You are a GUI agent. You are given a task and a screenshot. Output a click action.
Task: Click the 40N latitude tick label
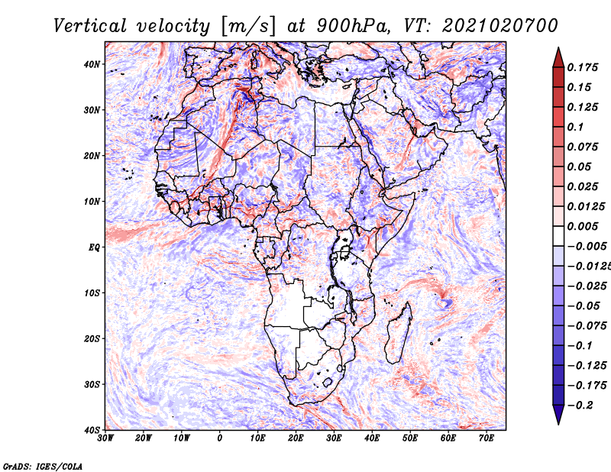pyautogui.click(x=92, y=64)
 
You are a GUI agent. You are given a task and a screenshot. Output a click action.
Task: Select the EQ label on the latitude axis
pyautogui.click(x=94, y=247)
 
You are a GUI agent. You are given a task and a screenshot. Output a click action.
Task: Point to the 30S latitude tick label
pyautogui.click(x=92, y=384)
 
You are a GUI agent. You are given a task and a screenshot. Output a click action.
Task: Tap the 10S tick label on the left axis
pyautogui.click(x=92, y=293)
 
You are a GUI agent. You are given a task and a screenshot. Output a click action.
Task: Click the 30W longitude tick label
pyautogui.click(x=105, y=438)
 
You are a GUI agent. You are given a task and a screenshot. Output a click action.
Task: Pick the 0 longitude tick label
pyautogui.click(x=220, y=438)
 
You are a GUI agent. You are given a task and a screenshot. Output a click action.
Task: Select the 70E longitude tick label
pyautogui.click(x=486, y=438)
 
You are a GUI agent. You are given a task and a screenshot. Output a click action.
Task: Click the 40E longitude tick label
pyautogui.click(x=372, y=438)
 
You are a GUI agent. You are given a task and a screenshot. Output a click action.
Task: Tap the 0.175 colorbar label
pyautogui.click(x=583, y=67)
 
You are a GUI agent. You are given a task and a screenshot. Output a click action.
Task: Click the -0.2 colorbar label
pyautogui.click(x=580, y=405)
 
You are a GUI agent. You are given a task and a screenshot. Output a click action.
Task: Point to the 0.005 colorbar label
pyautogui.click(x=583, y=226)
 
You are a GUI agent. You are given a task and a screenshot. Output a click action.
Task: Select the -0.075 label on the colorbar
pyautogui.click(x=587, y=325)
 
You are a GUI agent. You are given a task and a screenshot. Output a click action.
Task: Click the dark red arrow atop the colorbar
pyautogui.click(x=558, y=57)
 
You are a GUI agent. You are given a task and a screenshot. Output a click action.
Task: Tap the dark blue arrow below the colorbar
pyautogui.click(x=558, y=415)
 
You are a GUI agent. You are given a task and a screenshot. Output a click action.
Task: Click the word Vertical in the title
pyautogui.click(x=90, y=26)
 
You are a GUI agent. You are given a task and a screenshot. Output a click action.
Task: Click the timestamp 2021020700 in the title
pyautogui.click(x=499, y=26)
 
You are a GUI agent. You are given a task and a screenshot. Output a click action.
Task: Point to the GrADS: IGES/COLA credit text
pyautogui.click(x=43, y=466)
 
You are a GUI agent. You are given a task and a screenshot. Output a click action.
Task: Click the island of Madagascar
pyautogui.click(x=399, y=333)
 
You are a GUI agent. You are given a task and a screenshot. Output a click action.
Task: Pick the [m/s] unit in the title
pyautogui.click(x=248, y=26)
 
